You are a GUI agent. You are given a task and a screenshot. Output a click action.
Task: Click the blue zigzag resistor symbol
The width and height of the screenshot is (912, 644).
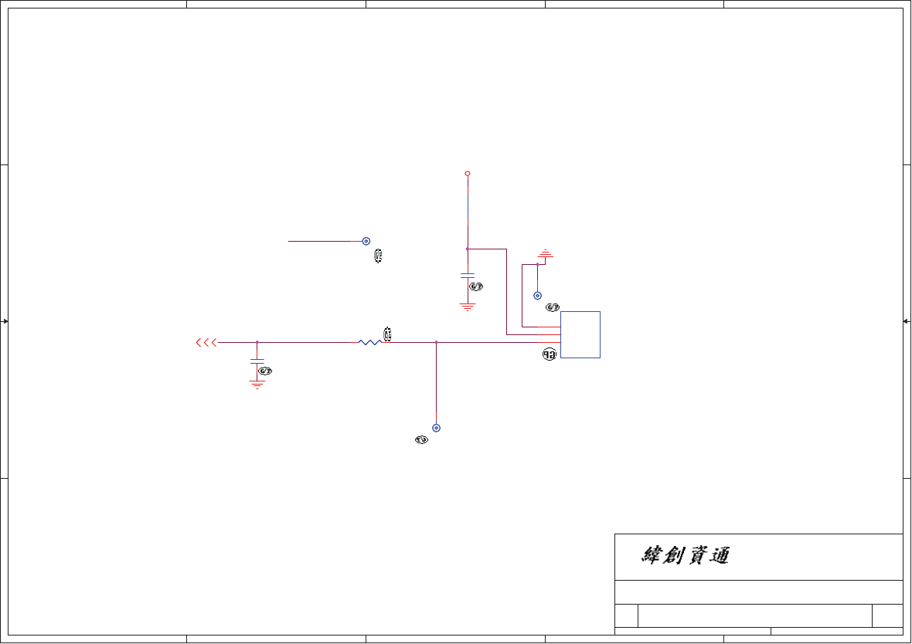tap(370, 342)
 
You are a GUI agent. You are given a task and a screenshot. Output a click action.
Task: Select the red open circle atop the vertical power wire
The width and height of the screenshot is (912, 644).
tap(468, 174)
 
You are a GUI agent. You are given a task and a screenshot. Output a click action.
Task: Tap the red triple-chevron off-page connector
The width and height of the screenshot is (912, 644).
tap(206, 342)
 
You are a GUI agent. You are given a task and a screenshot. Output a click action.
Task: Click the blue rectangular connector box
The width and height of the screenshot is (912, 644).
tap(580, 334)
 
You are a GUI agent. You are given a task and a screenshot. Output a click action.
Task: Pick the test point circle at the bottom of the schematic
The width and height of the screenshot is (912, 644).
tap(437, 428)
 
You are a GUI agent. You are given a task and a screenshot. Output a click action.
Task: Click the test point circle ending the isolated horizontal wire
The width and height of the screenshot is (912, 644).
tap(366, 241)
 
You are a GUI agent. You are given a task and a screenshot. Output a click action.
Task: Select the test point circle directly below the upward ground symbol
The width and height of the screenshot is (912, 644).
tap(537, 296)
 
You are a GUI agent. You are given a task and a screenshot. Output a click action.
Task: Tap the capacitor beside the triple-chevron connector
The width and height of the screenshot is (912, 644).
tap(257, 361)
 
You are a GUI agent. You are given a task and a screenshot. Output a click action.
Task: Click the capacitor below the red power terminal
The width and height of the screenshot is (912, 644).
tap(468, 275)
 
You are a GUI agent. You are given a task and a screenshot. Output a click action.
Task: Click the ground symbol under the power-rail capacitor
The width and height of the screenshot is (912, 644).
tap(468, 307)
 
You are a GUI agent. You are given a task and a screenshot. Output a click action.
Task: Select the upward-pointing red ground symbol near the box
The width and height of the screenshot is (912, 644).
tap(546, 253)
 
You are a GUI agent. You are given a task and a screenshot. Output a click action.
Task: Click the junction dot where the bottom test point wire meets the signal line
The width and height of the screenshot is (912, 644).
tap(437, 342)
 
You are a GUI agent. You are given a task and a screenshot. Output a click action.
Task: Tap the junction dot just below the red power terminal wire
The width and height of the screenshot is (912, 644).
tap(468, 249)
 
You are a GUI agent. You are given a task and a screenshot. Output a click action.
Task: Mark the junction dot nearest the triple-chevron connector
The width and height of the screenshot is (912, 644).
tap(257, 342)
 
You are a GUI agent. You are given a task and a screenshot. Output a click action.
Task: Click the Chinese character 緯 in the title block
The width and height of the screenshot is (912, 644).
tap(654, 556)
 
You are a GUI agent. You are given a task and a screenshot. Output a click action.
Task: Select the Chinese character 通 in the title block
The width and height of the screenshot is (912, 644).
tap(719, 556)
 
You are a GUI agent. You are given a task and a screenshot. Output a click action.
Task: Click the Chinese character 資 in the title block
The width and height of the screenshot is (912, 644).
tap(697, 556)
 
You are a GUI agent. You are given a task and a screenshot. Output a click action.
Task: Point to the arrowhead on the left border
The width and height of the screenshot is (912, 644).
tap(5, 321)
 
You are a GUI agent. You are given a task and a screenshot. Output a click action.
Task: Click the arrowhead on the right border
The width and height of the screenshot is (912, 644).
tap(906, 321)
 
